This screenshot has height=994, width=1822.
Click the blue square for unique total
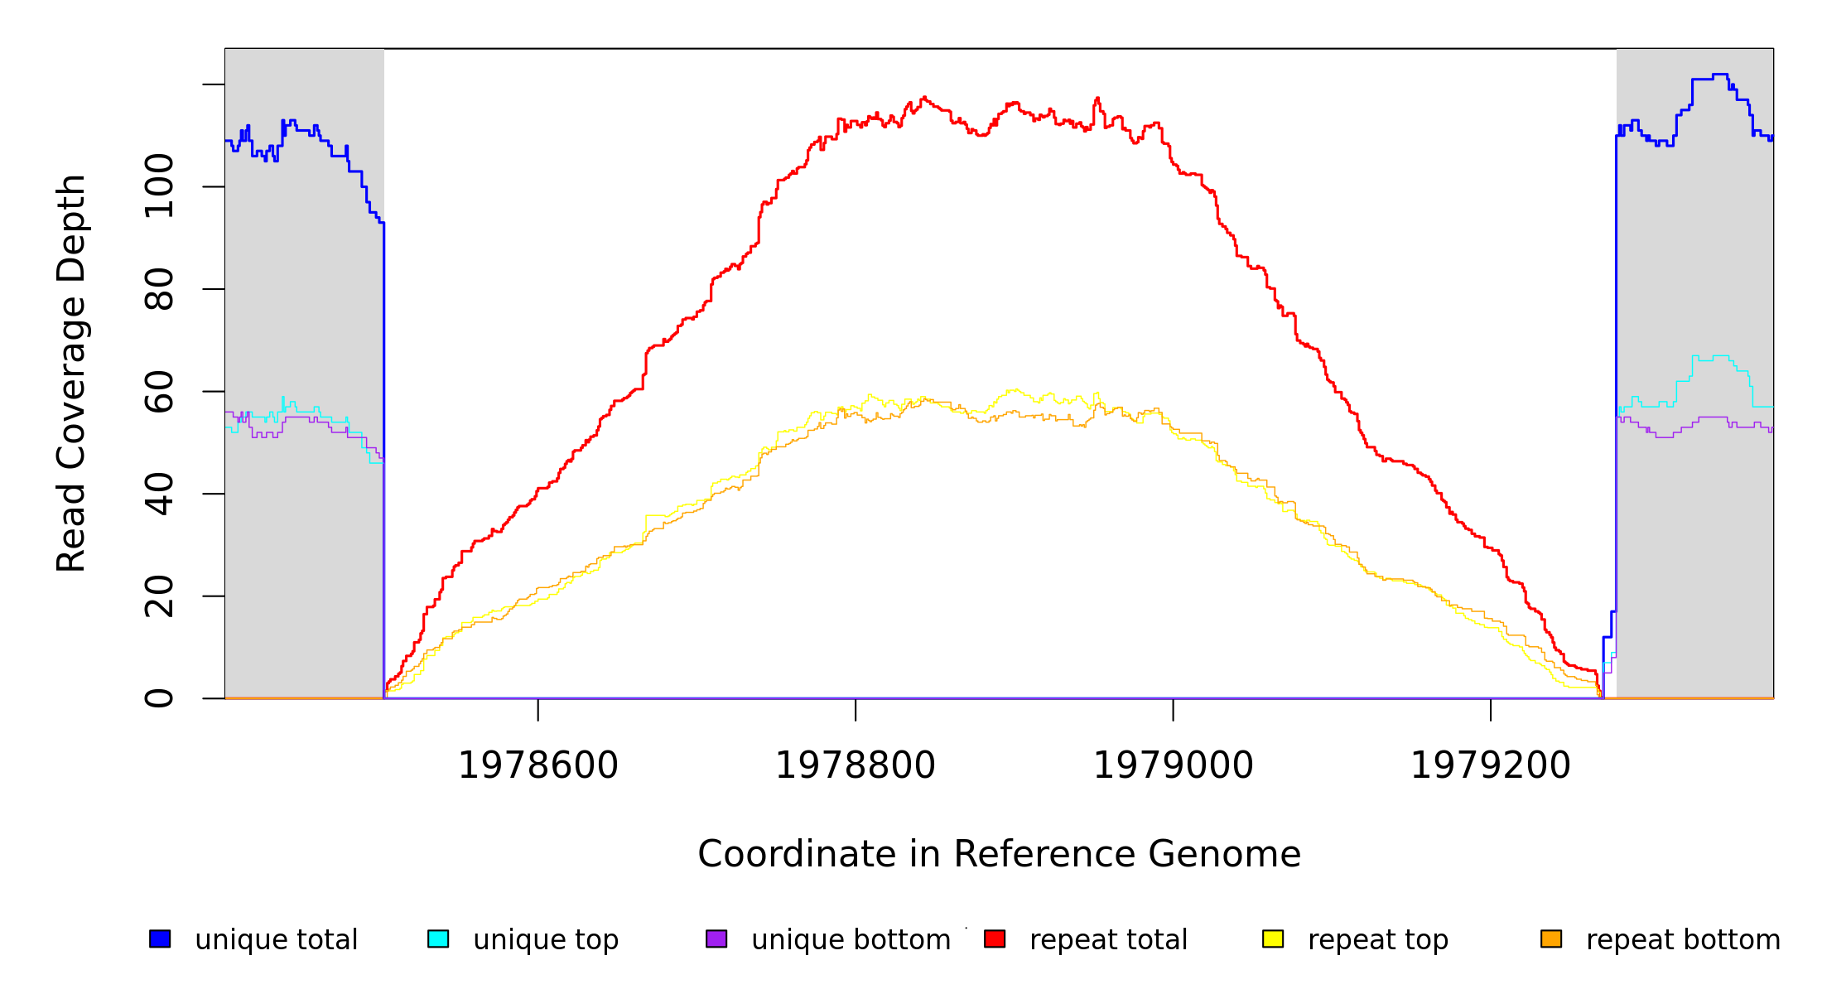pyautogui.click(x=160, y=939)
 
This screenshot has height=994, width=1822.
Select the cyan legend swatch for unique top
pyautogui.click(x=438, y=939)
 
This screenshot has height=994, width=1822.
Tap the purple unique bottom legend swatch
pyautogui.click(x=716, y=939)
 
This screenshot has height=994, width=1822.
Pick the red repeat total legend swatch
pyautogui.click(x=995, y=939)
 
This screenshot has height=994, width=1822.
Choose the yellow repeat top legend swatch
pyautogui.click(x=1273, y=939)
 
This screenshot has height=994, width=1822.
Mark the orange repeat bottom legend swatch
pyautogui.click(x=1551, y=939)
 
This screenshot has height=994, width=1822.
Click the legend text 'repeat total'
pyautogui.click(x=1108, y=940)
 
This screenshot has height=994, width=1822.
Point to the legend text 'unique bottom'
pyautogui.click(x=851, y=940)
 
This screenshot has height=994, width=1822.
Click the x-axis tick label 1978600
pyautogui.click(x=538, y=765)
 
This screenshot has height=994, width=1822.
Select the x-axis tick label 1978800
pyautogui.click(x=856, y=765)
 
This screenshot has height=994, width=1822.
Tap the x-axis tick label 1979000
pyautogui.click(x=1174, y=765)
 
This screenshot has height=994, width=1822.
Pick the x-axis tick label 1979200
pyautogui.click(x=1491, y=765)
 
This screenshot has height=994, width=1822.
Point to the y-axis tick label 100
pyautogui.click(x=159, y=186)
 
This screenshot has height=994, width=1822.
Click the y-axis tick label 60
pyautogui.click(x=159, y=391)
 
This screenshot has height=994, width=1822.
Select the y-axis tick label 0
pyautogui.click(x=159, y=698)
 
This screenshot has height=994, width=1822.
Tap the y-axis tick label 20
pyautogui.click(x=159, y=596)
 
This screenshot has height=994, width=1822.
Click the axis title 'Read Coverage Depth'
pyautogui.click(x=71, y=373)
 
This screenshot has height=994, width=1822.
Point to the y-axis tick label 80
pyautogui.click(x=159, y=289)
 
